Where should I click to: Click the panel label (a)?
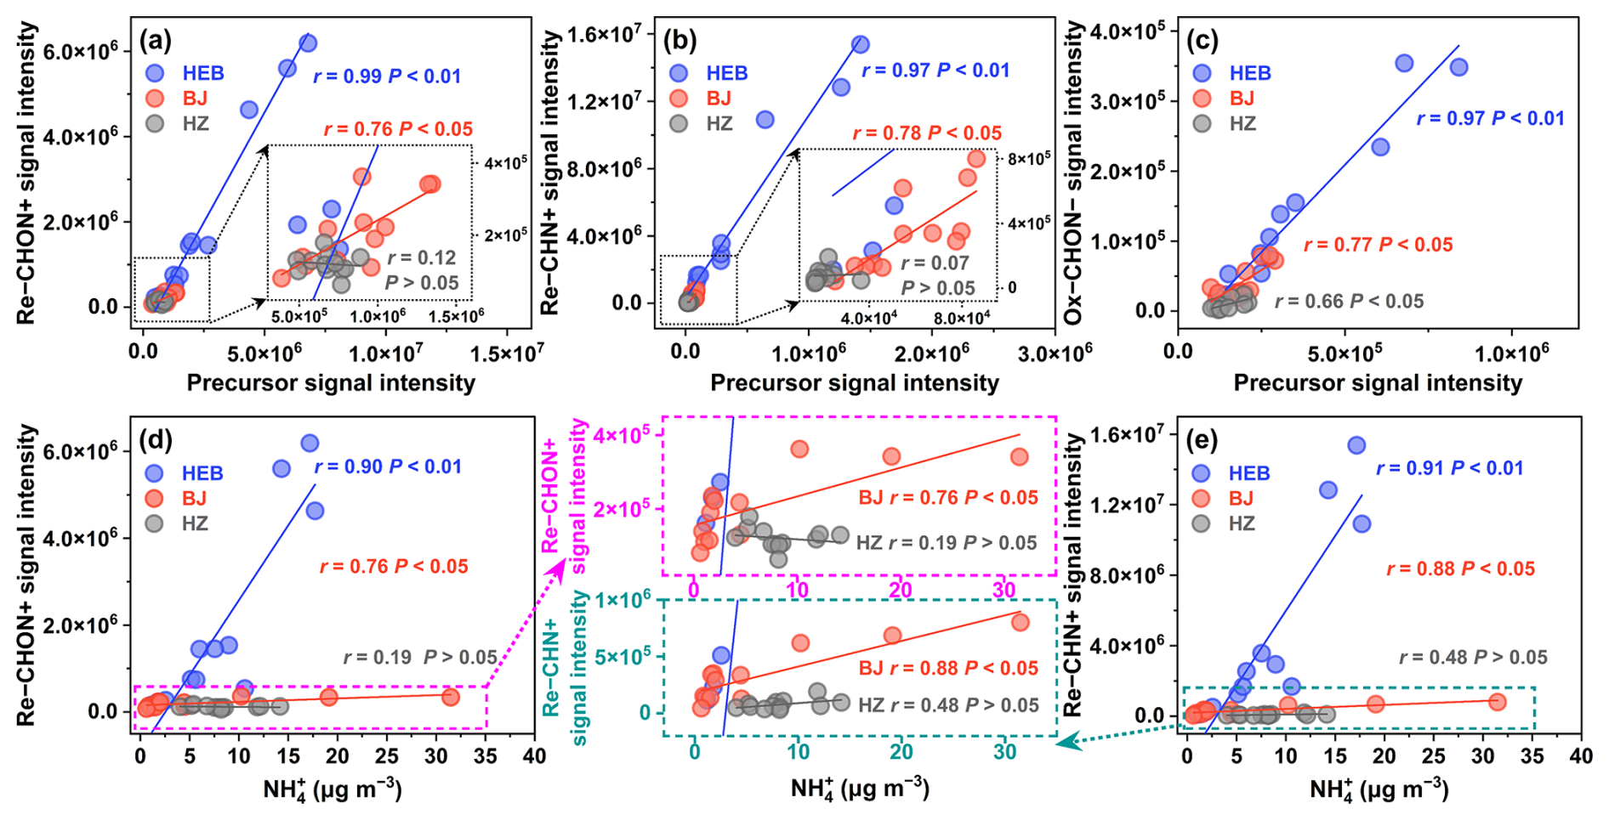click(156, 40)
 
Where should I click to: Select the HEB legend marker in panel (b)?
click(679, 73)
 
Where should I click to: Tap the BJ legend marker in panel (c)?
click(1202, 99)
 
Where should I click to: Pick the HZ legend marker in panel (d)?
click(154, 523)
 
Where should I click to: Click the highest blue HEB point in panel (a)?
click(308, 42)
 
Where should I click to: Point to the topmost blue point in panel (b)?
click(860, 44)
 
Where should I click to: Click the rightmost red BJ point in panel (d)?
click(451, 697)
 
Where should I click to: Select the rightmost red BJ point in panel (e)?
click(1498, 702)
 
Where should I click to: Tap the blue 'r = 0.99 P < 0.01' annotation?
click(387, 76)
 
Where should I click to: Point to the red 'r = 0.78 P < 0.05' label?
click(927, 133)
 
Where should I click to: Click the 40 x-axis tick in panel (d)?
click(534, 755)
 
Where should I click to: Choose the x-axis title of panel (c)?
click(1378, 383)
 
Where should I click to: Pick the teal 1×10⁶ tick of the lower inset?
click(623, 601)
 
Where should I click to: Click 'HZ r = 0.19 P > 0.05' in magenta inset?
click(946, 543)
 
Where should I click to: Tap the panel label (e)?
click(1205, 440)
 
